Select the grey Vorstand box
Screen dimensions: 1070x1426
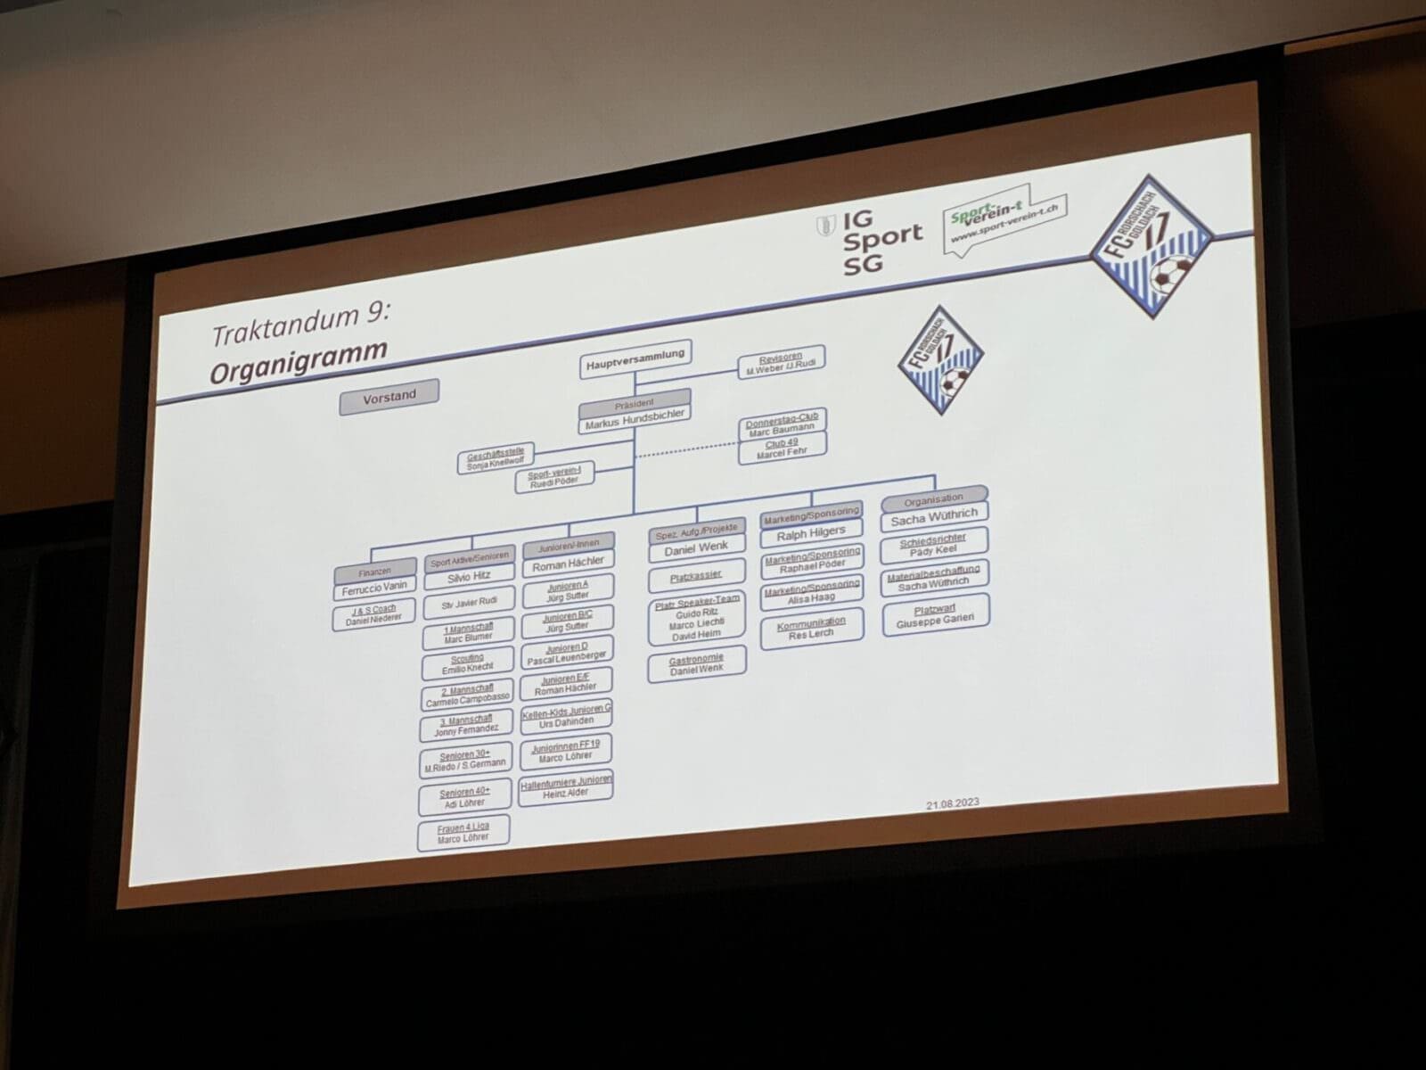(389, 397)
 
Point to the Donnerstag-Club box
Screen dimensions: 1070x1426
(783, 423)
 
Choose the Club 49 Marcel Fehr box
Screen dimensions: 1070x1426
(782, 449)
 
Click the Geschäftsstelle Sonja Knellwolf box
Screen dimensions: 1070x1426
(496, 459)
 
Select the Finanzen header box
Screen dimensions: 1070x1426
(374, 571)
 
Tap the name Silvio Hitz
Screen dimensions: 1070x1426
(469, 576)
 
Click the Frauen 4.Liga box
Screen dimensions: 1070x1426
(463, 833)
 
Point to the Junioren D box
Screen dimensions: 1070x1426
(566, 652)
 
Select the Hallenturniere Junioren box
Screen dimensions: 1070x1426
(566, 786)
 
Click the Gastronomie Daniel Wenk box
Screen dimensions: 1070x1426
(697, 663)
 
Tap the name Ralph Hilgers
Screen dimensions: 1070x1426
(811, 533)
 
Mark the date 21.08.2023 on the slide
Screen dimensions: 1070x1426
(952, 803)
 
